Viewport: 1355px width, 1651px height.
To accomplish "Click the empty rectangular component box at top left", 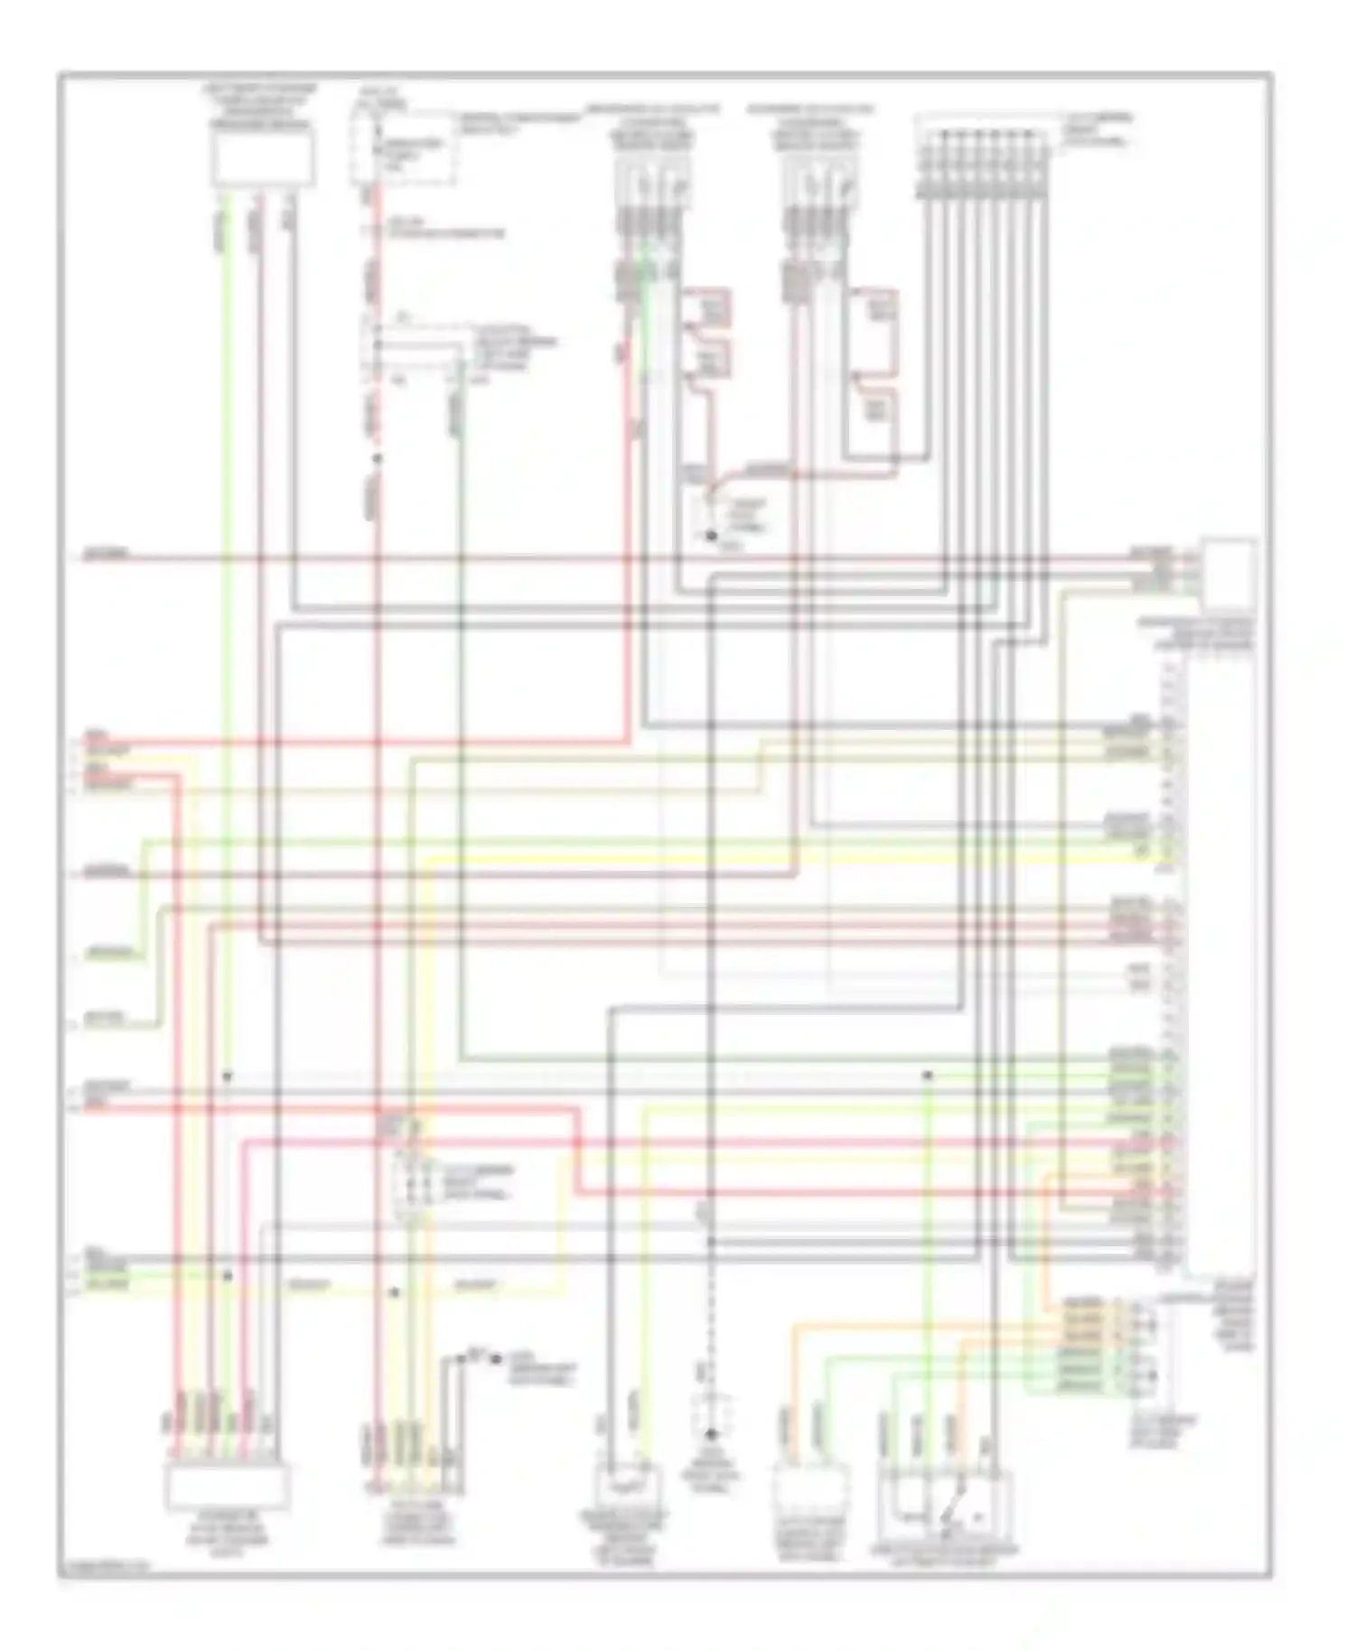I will pyautogui.click(x=262, y=158).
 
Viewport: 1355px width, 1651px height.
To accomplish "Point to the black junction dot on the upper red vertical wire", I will pyautogui.click(x=378, y=459).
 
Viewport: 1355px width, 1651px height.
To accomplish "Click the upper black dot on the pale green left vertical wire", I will pyautogui.click(x=228, y=1077).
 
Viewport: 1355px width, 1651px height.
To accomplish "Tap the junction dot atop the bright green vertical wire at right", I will pyautogui.click(x=927, y=1076).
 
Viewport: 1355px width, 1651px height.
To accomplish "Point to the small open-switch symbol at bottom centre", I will pyautogui.click(x=474, y=1357).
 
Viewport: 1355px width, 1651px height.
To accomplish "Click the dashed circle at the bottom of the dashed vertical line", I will pyautogui.click(x=712, y=1432).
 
